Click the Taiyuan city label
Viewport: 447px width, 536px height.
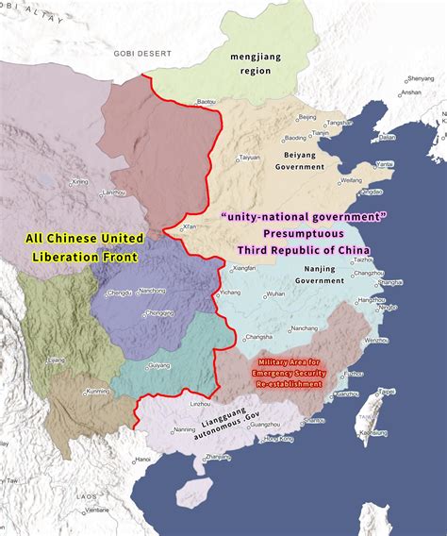click(250, 157)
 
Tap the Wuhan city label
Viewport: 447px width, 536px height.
click(275, 294)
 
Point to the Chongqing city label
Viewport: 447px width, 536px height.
click(159, 312)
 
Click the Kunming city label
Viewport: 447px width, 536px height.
click(98, 391)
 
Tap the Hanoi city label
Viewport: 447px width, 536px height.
click(142, 460)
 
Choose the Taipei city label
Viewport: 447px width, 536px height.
click(387, 391)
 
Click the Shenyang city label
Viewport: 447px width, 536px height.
click(421, 78)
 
